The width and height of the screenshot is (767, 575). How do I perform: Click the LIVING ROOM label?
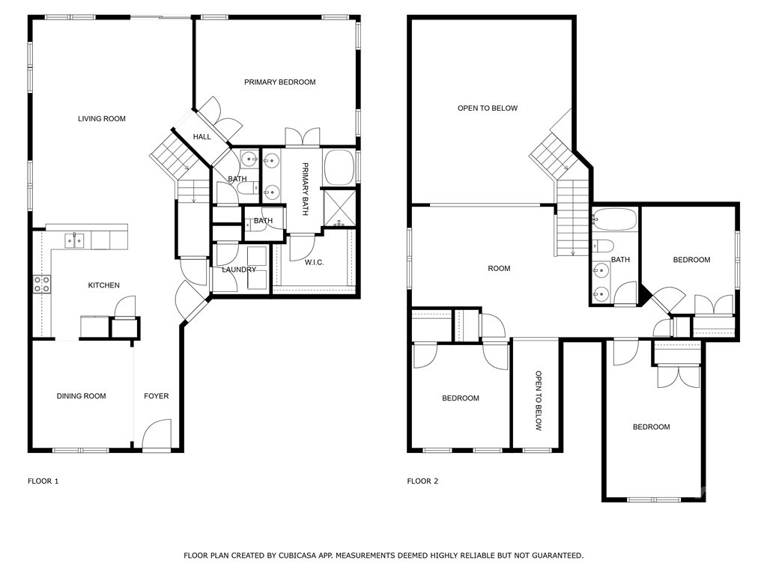coord(102,119)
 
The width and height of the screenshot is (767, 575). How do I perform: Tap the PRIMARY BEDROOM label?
coord(279,82)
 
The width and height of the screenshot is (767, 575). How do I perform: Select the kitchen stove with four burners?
coord(42,284)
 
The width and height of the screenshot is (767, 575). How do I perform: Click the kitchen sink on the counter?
coord(74,240)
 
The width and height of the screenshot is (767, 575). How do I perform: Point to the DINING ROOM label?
coord(81,396)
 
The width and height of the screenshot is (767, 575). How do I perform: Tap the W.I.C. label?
coord(314,263)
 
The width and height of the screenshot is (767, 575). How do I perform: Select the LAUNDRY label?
coord(238,270)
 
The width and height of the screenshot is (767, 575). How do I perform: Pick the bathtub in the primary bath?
coord(340,167)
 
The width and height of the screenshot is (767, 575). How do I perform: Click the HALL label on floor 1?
coord(201,137)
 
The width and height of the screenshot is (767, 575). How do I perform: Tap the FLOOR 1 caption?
coord(43,481)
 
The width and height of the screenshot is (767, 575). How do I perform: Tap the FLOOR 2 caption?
coord(422,481)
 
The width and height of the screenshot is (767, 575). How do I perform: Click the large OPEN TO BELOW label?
coord(487,109)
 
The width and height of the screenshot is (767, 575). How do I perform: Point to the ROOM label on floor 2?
coord(498,269)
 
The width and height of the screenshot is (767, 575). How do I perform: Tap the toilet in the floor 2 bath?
coord(602,246)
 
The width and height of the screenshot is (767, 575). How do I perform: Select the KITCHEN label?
coord(103,285)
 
